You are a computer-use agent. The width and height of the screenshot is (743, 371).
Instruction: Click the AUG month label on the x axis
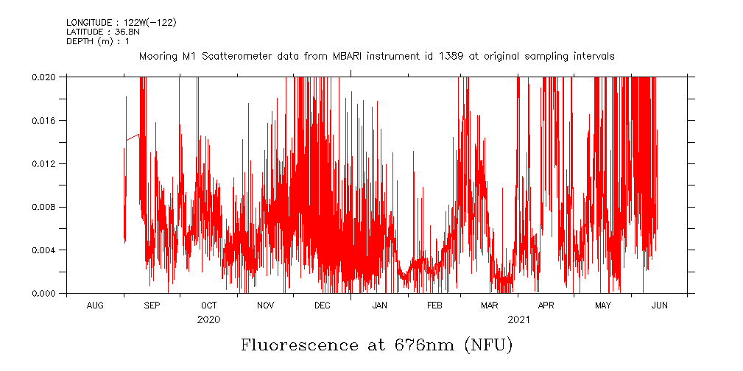(x=95, y=305)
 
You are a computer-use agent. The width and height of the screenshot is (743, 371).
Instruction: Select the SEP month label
(x=152, y=305)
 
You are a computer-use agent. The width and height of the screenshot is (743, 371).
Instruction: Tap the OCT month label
(x=208, y=305)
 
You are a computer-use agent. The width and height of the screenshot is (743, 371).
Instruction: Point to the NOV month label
(x=265, y=305)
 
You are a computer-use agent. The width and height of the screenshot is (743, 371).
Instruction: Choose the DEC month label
(x=323, y=305)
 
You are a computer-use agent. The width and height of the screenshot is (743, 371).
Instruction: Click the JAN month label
(x=379, y=305)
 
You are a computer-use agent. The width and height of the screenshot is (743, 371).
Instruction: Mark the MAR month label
(x=490, y=305)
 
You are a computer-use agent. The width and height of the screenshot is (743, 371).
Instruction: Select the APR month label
(x=546, y=305)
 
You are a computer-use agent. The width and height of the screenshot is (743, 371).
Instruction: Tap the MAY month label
(x=603, y=305)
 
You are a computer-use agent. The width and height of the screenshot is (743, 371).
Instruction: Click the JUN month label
(x=660, y=305)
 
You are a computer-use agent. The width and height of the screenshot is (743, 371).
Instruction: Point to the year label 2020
(x=208, y=320)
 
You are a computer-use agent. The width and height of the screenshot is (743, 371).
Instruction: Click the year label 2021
(x=518, y=320)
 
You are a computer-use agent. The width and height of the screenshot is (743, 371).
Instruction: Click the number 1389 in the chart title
(x=451, y=56)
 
